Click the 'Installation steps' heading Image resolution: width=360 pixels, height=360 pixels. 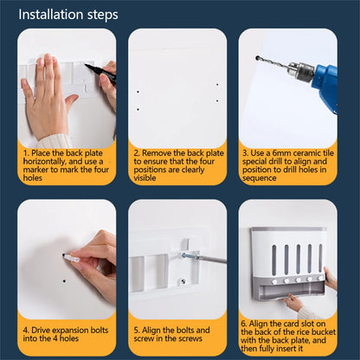tap(68, 15)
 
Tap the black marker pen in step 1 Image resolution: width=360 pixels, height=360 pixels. tap(100, 74)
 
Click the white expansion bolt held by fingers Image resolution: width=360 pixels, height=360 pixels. tap(72, 257)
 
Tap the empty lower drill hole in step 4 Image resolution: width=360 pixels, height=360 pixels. tap(64, 280)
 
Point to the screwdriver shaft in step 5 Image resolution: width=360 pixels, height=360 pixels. tap(212, 260)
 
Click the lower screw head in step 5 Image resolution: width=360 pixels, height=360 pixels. tap(183, 280)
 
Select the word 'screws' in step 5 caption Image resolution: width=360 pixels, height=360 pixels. tap(190, 338)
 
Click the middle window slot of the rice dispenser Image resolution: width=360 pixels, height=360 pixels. tap(298, 259)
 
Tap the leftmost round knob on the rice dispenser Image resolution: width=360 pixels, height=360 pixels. tap(274, 281)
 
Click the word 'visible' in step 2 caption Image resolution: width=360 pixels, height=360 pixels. tap(145, 178)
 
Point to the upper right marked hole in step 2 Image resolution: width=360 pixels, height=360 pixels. tap(217, 85)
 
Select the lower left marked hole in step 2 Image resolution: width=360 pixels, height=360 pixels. tap(138, 109)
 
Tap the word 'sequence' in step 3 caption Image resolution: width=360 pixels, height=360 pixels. tap(260, 178)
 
